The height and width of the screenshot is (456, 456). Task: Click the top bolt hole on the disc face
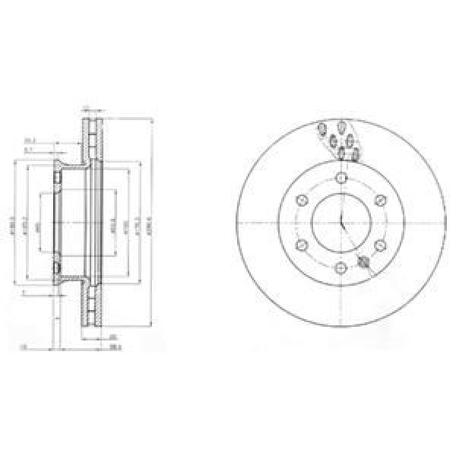[340, 179]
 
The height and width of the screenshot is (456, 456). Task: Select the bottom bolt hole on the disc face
[340, 267]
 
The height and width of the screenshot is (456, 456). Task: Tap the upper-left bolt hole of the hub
[302, 201]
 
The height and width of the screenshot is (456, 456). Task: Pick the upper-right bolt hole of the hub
[378, 201]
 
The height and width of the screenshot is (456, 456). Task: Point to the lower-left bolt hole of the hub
[302, 245]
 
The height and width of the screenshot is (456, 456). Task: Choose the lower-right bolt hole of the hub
[378, 245]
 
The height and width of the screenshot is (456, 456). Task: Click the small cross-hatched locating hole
[363, 261]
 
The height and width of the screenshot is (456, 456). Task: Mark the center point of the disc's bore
[340, 223]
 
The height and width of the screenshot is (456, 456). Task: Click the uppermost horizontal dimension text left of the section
[29, 140]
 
